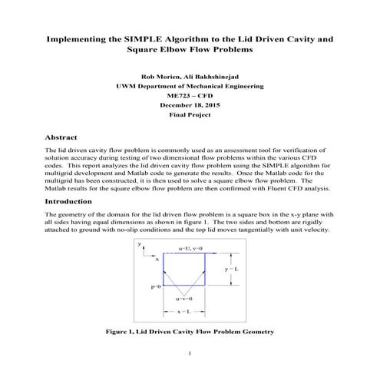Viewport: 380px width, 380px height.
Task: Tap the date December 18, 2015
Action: (190, 104)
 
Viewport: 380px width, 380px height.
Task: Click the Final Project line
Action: (190, 114)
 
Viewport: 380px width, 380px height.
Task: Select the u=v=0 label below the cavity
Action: (187, 298)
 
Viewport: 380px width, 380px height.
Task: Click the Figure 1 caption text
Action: (190, 332)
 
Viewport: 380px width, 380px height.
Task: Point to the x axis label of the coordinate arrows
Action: (157, 259)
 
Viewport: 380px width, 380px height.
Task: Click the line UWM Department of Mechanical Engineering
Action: (190, 87)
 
